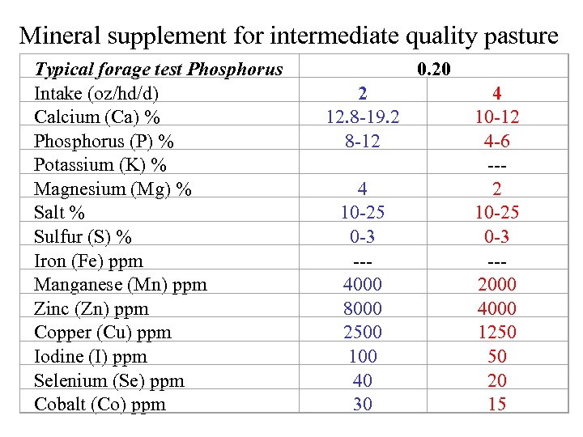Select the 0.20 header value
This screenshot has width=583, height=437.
[x=434, y=70]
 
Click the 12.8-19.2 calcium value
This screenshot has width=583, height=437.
[x=363, y=117]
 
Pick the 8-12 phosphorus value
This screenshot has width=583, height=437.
[x=363, y=142]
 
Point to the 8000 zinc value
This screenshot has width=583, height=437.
[x=363, y=308]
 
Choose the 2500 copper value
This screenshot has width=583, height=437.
[x=363, y=333]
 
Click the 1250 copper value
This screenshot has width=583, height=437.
[x=497, y=333]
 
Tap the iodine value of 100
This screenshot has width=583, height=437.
[x=363, y=356]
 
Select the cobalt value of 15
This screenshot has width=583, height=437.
[x=497, y=404]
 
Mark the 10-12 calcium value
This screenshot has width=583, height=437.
[x=497, y=117]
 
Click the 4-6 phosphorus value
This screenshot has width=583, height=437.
[x=497, y=142]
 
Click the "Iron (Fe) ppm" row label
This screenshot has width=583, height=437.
[x=88, y=261]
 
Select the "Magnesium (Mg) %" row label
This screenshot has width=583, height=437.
[x=113, y=189]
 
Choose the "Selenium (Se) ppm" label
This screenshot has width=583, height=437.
[x=109, y=380]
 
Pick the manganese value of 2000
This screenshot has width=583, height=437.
[x=497, y=285]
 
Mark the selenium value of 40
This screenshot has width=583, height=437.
[x=363, y=380]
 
